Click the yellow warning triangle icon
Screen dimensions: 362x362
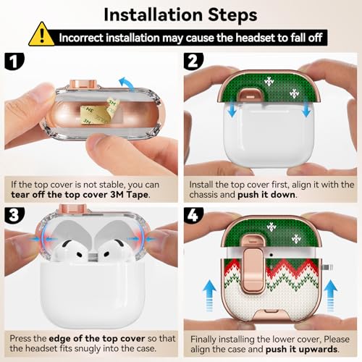[41, 35]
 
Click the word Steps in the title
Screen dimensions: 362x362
[232, 14]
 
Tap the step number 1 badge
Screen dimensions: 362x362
[14, 62]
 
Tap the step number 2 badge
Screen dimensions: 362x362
[193, 62]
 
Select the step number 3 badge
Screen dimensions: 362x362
[14, 215]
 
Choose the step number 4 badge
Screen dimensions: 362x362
[193, 215]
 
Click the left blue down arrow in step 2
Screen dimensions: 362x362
[232, 108]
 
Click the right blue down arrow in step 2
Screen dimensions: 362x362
[306, 108]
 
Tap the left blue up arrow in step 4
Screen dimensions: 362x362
[209, 295]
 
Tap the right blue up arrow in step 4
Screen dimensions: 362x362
[331, 295]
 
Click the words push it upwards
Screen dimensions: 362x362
[301, 349]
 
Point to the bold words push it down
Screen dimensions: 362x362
[266, 195]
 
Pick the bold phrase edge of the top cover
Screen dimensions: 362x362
[97, 339]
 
